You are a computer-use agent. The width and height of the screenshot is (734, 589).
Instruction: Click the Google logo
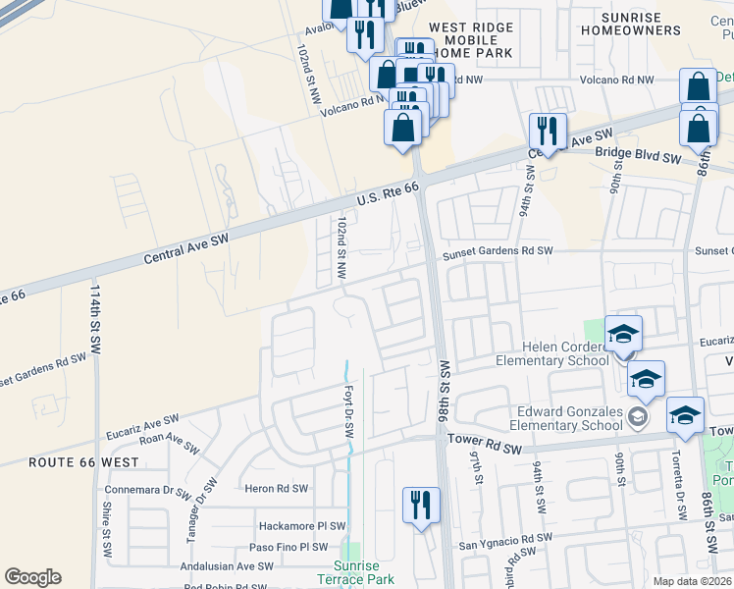point(32,577)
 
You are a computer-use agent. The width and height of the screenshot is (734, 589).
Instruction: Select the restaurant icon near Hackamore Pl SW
point(421,506)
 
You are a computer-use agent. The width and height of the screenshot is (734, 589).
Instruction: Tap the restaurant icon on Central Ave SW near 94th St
point(548,131)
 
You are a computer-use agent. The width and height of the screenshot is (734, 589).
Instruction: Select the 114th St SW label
point(95,320)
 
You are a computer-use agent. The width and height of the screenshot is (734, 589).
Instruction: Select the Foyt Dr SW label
point(348,411)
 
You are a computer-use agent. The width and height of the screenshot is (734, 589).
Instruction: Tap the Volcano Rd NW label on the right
point(616,80)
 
